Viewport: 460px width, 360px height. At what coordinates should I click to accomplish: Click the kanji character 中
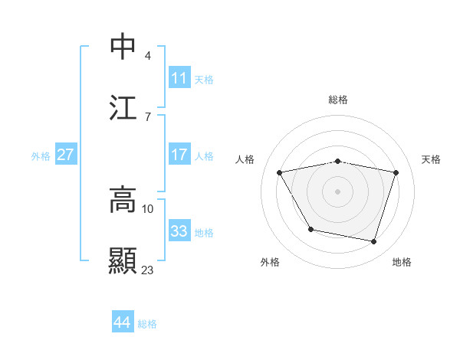[123, 47]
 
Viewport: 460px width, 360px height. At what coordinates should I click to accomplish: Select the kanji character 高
[123, 200]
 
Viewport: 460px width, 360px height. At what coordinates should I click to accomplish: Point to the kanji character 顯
[123, 260]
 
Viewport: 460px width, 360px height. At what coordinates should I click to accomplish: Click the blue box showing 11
[179, 78]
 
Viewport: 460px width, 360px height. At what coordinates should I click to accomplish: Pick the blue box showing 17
[179, 155]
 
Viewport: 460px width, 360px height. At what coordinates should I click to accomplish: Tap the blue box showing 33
[179, 231]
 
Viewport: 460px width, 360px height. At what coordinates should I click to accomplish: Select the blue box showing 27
[65, 155]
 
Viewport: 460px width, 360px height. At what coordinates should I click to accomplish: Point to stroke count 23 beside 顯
[148, 270]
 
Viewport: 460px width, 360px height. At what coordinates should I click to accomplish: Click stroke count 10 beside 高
[148, 208]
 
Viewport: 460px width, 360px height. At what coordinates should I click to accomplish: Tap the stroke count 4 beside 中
[147, 55]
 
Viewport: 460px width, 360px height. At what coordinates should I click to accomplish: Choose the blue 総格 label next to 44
[147, 324]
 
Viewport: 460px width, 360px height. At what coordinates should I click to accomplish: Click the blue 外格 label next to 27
[41, 156]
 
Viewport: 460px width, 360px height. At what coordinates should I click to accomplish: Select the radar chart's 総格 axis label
[338, 100]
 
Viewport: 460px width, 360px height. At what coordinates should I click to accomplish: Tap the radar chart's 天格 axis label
[432, 159]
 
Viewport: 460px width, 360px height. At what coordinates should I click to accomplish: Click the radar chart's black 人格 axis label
[245, 159]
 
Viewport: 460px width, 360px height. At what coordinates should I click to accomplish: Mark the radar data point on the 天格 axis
[396, 172]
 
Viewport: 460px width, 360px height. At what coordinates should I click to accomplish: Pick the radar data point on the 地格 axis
[374, 242]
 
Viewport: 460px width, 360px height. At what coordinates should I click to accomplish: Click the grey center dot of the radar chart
[338, 191]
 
